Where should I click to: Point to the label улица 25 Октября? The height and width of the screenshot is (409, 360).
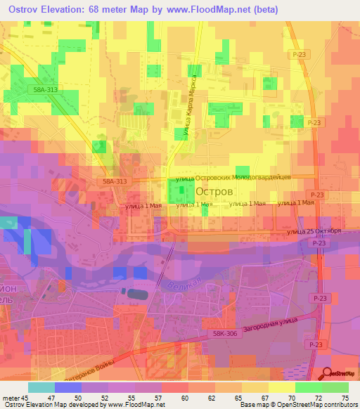tap(314, 231)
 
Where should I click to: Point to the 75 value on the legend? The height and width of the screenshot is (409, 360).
tap(345, 398)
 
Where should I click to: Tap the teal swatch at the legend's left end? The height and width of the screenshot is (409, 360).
tap(41, 387)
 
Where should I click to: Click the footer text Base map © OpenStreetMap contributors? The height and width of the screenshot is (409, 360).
tap(299, 405)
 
